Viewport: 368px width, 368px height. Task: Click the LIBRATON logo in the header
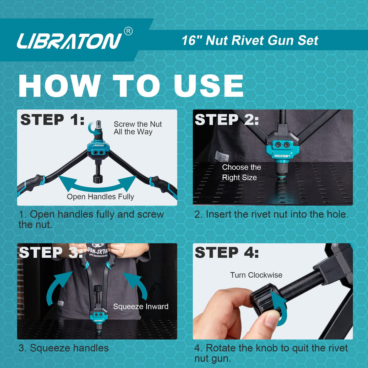pos(69,41)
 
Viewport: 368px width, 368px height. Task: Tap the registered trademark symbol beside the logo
pos(128,31)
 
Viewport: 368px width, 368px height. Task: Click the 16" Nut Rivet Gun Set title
pos(250,40)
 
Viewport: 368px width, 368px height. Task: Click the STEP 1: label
pos(52,119)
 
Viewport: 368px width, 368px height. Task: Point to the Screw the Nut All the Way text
pos(137,128)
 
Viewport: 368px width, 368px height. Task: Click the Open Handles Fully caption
pos(100,197)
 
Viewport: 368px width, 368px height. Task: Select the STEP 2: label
pos(226,119)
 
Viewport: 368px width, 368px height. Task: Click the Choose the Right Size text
pos(241,172)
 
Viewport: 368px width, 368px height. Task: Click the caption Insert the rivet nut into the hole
pos(271,214)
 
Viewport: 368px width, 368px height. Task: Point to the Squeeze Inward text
pos(141,306)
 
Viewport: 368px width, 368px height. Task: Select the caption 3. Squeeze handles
pos(64,348)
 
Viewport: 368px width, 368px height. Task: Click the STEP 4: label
pos(226,253)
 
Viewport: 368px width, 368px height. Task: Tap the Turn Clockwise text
pos(256,275)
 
